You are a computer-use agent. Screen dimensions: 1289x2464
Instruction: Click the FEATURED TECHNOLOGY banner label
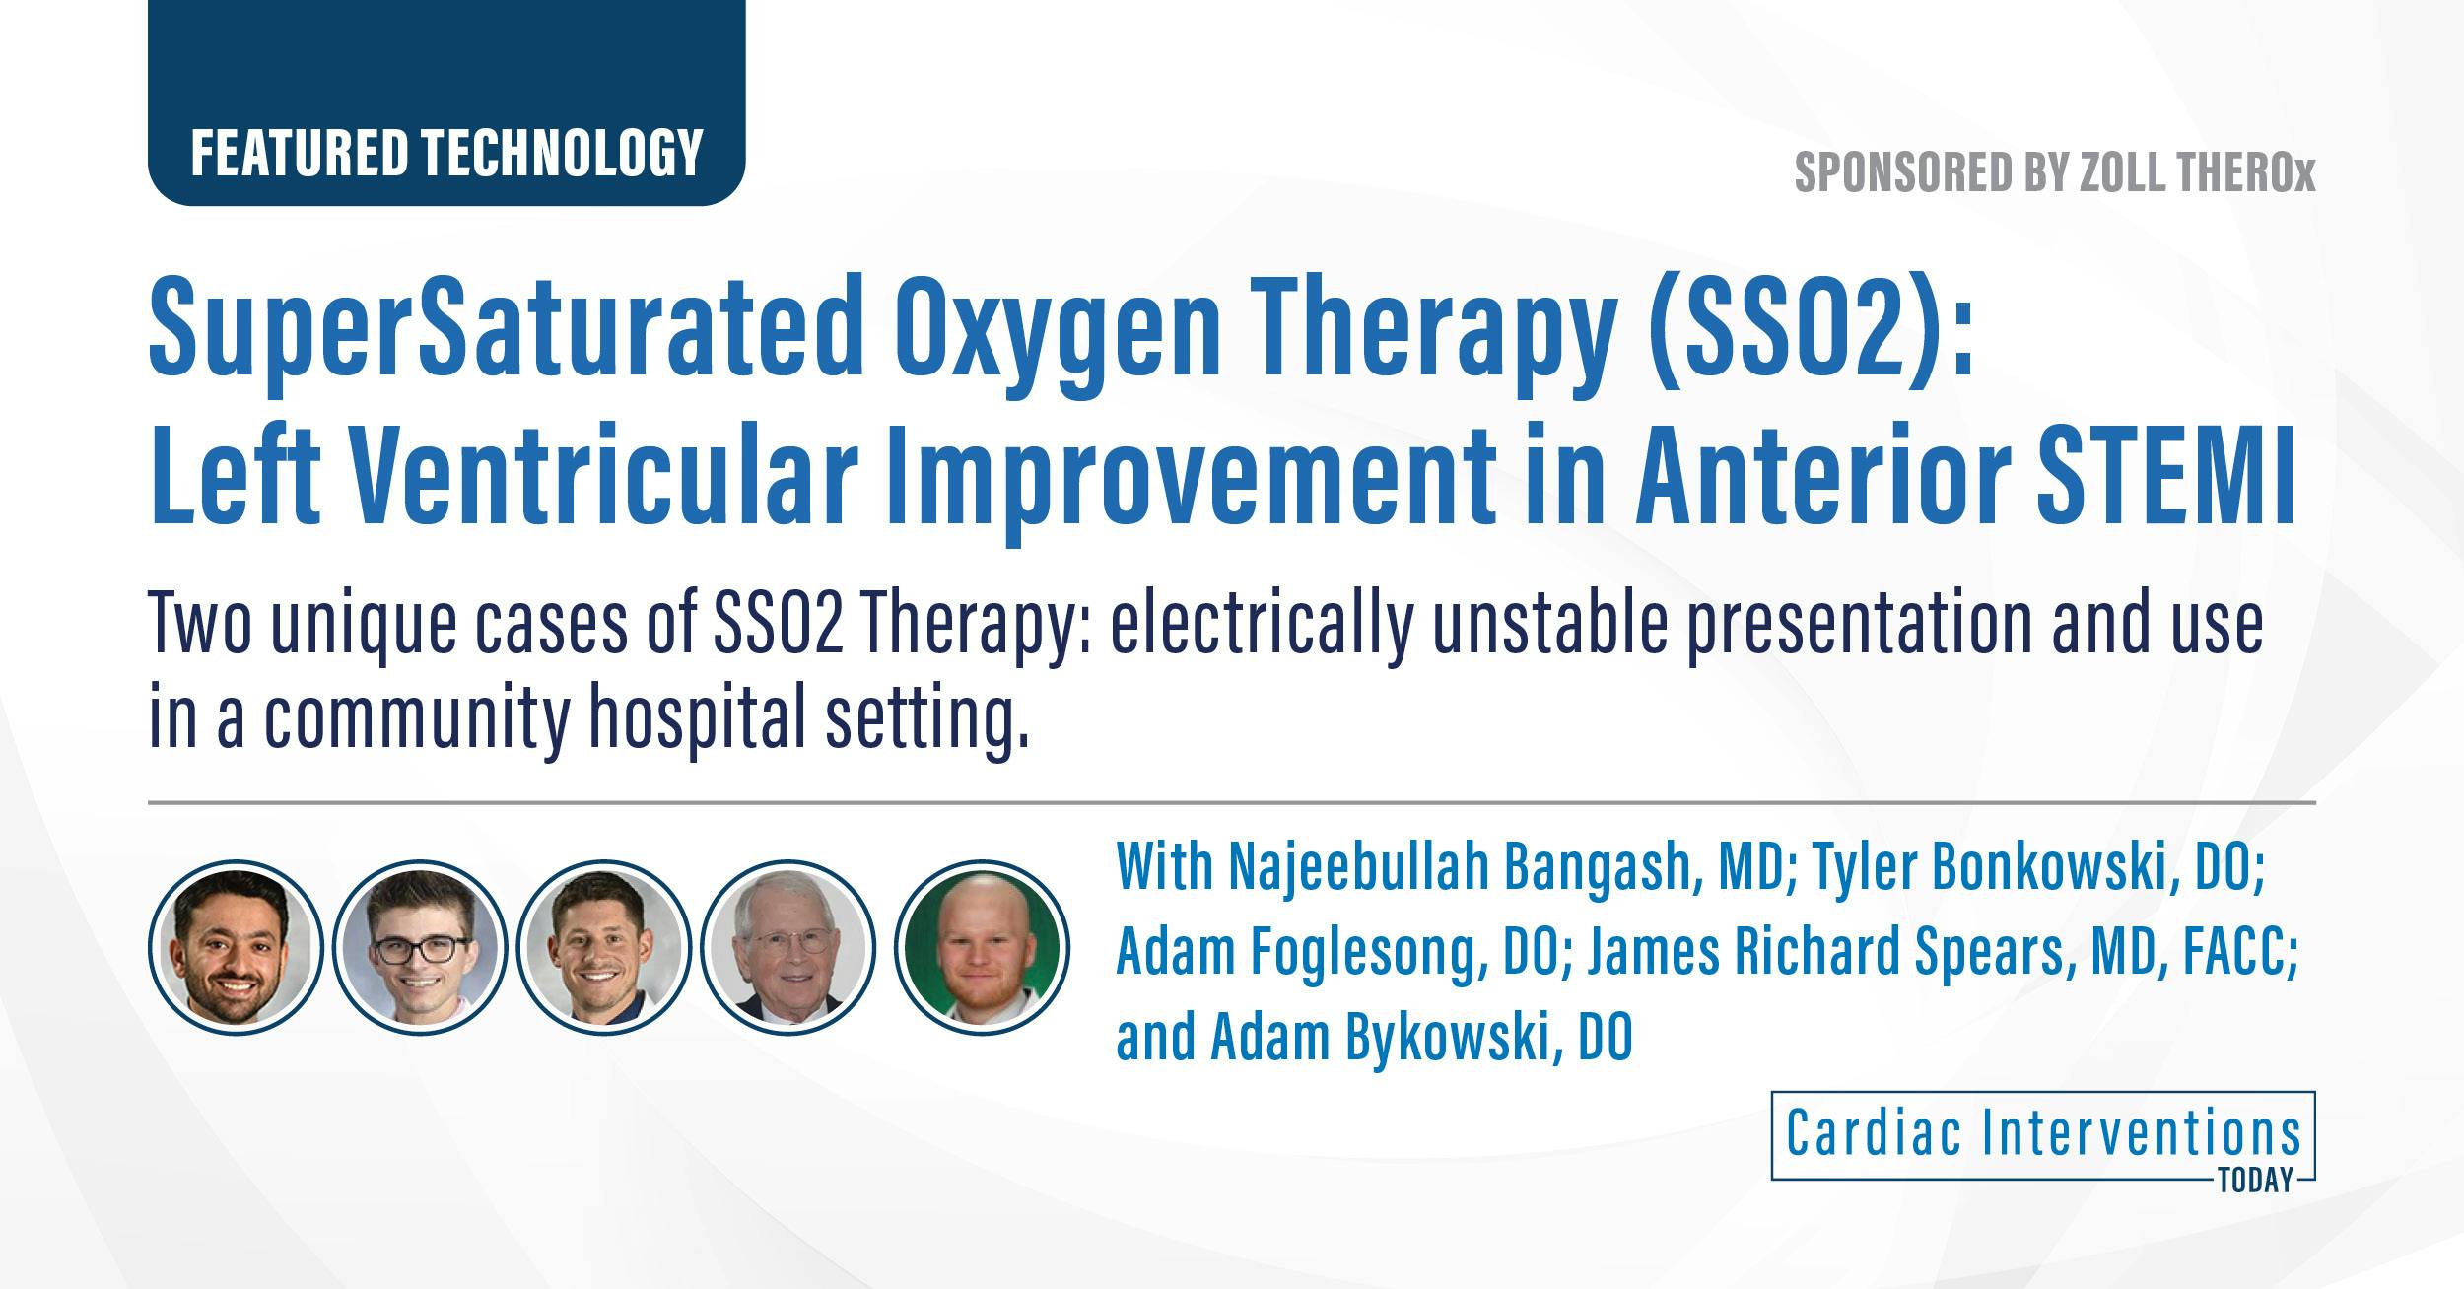[x=445, y=154]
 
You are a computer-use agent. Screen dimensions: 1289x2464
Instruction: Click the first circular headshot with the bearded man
[x=236, y=946]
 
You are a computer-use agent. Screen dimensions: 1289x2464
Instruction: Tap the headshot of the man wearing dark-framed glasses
[x=420, y=946]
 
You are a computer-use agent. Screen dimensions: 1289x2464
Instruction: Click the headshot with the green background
[x=982, y=946]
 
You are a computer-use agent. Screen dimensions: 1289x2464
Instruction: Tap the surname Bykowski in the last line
[x=1455, y=1037]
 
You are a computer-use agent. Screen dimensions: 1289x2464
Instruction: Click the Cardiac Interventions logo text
[x=2042, y=1134]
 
